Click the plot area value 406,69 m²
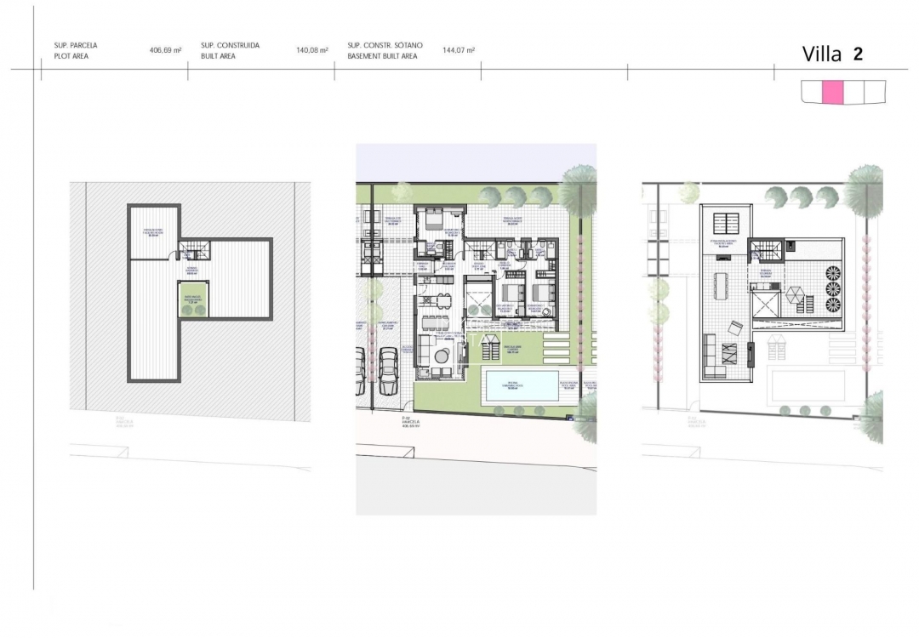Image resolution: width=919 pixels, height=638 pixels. [x=166, y=50]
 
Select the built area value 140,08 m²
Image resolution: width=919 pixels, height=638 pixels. [x=312, y=50]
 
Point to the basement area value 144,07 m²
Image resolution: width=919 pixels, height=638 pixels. [x=459, y=50]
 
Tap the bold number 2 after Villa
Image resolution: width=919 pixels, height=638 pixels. [x=858, y=54]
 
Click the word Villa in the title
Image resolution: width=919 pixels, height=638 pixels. [x=822, y=54]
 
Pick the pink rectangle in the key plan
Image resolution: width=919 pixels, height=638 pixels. [x=833, y=92]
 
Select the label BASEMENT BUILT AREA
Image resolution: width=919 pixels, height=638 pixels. [x=382, y=56]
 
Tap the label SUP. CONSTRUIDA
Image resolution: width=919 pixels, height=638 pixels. [x=231, y=44]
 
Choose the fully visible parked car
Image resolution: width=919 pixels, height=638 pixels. [x=388, y=373]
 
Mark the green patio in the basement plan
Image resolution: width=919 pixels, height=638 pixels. [x=193, y=299]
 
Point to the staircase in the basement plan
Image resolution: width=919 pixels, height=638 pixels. [x=194, y=249]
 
